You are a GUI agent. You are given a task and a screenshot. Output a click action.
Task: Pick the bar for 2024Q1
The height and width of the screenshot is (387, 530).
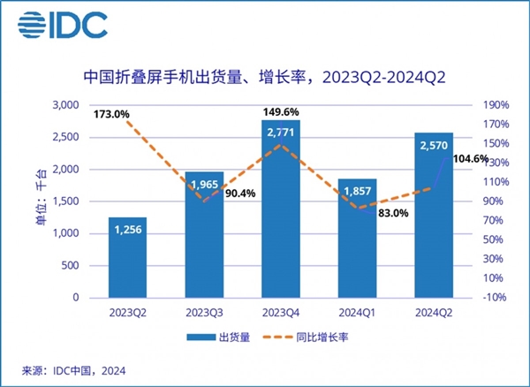(x=356, y=239)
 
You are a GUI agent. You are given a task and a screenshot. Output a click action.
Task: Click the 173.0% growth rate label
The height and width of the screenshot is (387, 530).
(x=110, y=114)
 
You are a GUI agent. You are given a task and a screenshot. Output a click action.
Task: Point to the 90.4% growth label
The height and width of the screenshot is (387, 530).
(x=238, y=193)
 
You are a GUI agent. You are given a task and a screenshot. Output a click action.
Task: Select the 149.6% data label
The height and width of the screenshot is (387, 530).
(x=282, y=111)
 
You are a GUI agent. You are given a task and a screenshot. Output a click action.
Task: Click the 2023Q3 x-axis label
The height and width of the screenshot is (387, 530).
(x=203, y=312)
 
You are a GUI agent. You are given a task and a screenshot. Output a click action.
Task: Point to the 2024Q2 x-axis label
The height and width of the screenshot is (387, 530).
(x=433, y=312)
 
